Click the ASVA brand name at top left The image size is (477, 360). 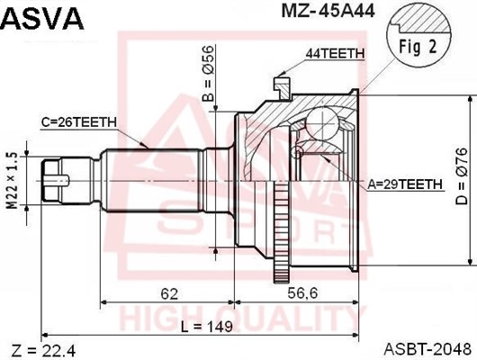point(42,18)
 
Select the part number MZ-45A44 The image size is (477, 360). point(328,12)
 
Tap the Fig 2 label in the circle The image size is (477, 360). point(418,47)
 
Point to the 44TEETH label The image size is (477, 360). point(335,54)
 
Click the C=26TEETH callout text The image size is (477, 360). point(79,122)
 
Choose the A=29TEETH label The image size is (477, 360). point(405,184)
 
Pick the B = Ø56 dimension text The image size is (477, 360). point(209,74)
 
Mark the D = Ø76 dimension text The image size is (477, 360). point(461,176)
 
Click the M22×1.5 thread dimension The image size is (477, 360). point(13,181)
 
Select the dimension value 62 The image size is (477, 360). point(169,294)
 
